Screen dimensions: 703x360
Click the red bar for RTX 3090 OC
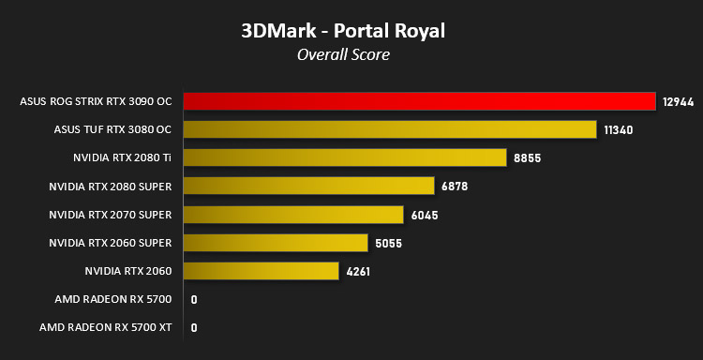coord(420,101)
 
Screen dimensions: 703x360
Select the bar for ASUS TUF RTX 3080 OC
coord(390,129)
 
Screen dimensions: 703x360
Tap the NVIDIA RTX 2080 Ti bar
coord(345,157)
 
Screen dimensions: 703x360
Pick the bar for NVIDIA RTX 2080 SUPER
coord(309,186)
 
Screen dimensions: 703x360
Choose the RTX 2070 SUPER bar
coord(293,215)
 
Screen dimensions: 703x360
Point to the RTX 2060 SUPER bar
coord(276,243)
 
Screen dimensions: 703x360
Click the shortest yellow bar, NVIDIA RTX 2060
coord(261,271)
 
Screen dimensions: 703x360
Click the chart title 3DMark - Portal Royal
coord(343,31)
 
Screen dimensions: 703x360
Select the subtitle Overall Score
coord(343,54)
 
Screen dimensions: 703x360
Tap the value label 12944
coord(679,102)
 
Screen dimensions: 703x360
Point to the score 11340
coord(619,130)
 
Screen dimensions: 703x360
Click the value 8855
coord(528,158)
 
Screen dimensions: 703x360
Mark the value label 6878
coord(455,187)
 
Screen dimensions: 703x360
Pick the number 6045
coord(425,216)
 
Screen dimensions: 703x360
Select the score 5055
coord(389,244)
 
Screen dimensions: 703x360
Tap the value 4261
coord(358,272)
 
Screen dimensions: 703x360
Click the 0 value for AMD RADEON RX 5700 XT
coord(194,328)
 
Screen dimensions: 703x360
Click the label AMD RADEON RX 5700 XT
coord(105,328)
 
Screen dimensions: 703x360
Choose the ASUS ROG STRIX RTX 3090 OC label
coord(96,102)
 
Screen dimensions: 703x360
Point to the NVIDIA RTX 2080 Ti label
coord(123,158)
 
